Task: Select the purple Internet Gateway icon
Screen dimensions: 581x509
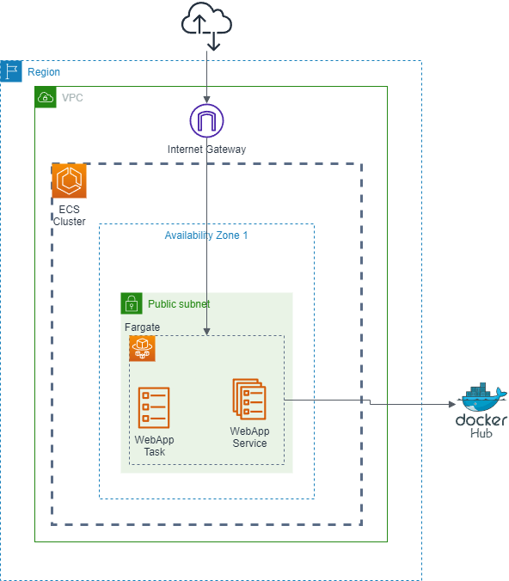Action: pos(206,119)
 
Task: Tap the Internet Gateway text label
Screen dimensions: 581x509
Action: pos(206,150)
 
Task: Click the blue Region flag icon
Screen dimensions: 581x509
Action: pos(11,71)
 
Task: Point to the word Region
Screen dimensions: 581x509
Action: pos(44,72)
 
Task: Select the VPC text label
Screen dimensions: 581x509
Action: pos(72,98)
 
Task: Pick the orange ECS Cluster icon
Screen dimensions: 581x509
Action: pos(69,181)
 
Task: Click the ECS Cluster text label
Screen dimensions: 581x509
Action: pos(69,215)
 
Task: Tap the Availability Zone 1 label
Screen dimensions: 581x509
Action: pos(206,235)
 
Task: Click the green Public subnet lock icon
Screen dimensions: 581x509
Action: pos(131,303)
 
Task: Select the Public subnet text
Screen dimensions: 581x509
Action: pos(179,304)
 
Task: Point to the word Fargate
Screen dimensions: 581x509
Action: pos(142,327)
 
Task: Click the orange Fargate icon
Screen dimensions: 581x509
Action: pos(142,348)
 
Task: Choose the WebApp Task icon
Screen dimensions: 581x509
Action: pos(154,407)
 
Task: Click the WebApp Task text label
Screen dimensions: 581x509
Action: pos(154,445)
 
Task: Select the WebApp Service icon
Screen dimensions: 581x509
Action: pos(249,399)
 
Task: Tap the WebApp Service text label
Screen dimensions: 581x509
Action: pos(249,437)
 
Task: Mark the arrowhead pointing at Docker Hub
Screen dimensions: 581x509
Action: pos(451,404)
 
